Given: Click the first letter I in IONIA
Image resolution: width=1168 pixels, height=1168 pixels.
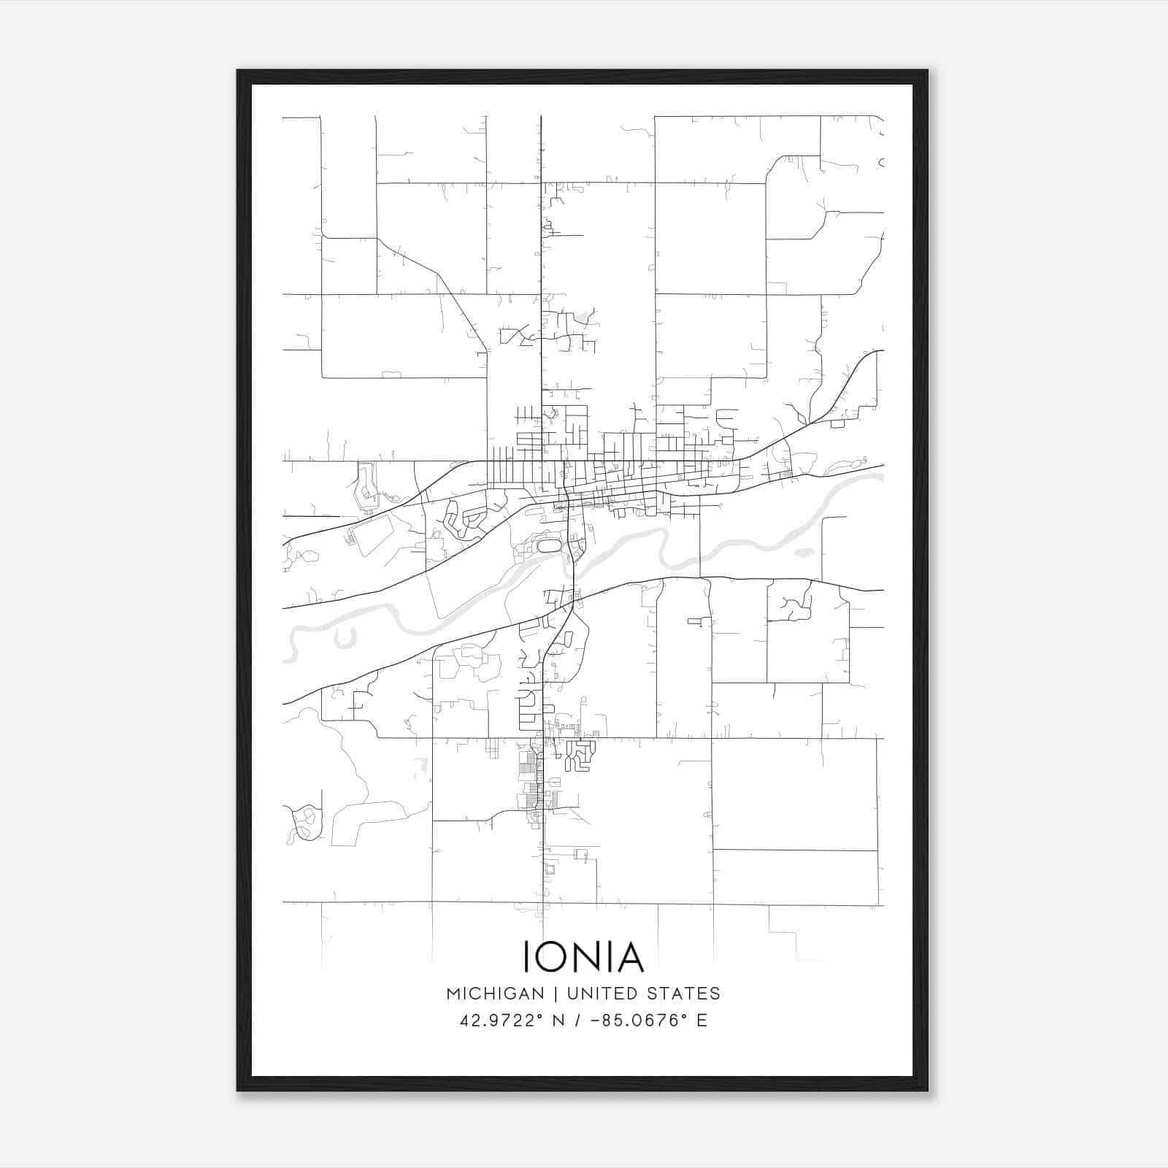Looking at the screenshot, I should [527, 957].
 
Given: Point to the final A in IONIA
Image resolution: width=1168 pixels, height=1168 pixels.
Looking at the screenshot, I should [629, 957].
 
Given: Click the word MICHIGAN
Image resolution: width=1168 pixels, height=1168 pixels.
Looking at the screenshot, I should [495, 994].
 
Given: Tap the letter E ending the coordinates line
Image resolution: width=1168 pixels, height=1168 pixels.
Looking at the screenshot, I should [702, 1021].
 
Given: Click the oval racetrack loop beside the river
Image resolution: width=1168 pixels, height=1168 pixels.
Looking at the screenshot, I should [549, 545].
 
